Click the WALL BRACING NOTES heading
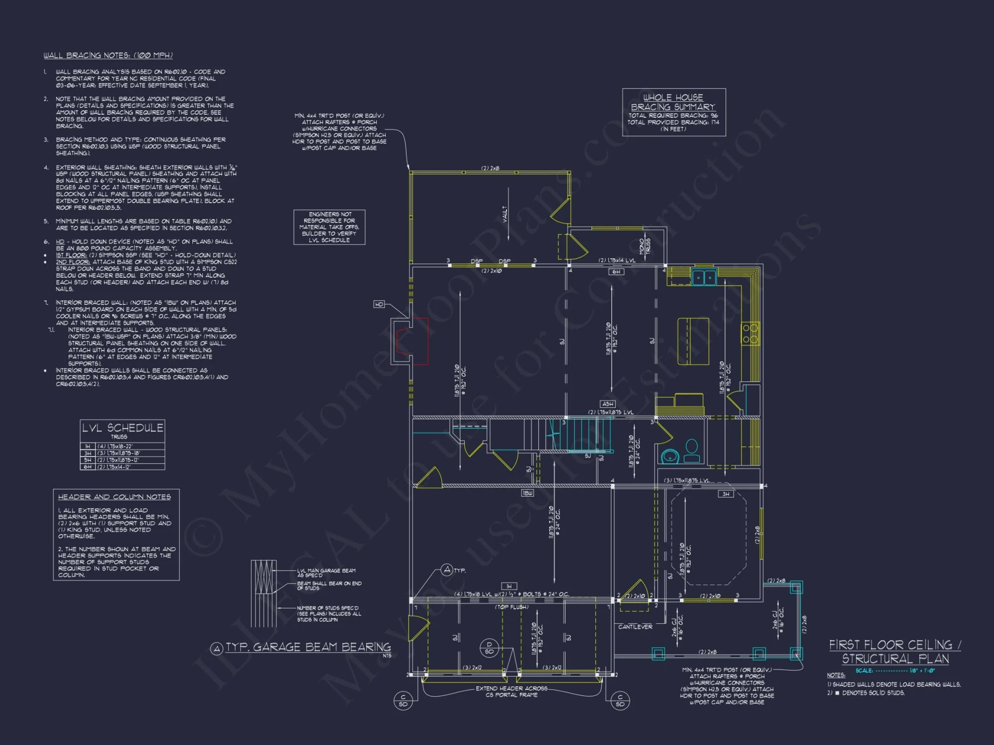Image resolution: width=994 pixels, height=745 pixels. [108, 56]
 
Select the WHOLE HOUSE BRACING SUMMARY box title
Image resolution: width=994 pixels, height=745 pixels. [673, 102]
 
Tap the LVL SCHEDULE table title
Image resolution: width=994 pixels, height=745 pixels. [122, 428]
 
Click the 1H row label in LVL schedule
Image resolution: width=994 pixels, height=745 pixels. [87, 447]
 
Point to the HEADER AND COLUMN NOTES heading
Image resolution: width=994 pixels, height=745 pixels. [114, 497]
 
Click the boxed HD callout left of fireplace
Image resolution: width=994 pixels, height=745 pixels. [379, 304]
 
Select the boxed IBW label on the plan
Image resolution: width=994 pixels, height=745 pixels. [527, 493]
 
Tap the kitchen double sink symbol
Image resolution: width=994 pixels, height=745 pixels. [704, 277]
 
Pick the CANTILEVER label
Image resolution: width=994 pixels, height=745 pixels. [635, 627]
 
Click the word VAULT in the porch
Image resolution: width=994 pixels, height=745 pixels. [505, 214]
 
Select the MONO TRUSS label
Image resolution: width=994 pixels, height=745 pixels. [645, 246]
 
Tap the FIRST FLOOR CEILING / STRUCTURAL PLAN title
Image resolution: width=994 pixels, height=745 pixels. [895, 652]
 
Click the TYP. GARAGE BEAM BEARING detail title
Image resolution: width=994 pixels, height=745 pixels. [308, 647]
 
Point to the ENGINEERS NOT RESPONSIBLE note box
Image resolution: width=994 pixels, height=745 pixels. [329, 227]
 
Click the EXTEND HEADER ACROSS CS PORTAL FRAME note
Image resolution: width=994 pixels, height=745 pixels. [511, 691]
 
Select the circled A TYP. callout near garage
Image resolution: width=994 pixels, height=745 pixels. [447, 570]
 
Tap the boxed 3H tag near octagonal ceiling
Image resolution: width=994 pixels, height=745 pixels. [726, 494]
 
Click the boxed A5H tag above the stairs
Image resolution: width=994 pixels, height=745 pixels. [607, 404]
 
